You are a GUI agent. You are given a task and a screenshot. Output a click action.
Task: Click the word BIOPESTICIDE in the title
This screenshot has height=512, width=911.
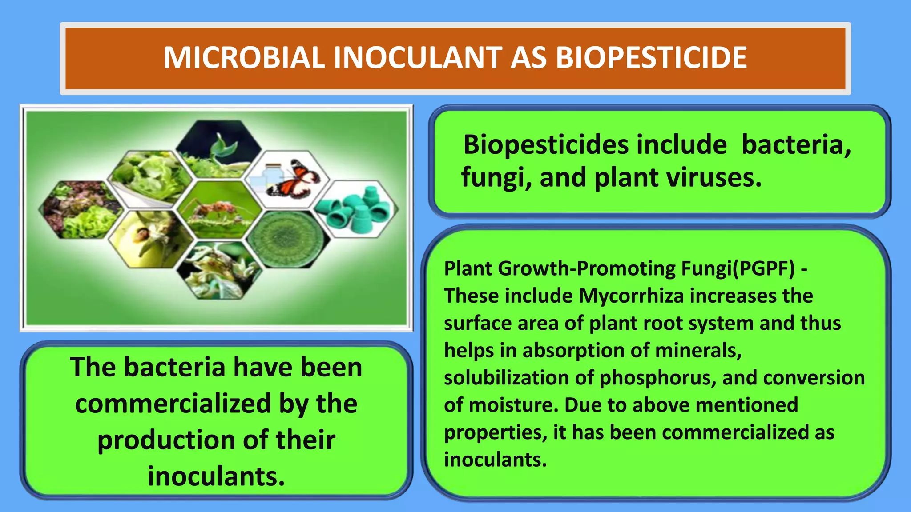(651, 58)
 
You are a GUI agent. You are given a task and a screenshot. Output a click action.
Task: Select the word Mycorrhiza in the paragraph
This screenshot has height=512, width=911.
(631, 296)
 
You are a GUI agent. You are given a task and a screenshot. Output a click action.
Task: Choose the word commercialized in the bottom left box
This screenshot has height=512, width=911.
(173, 404)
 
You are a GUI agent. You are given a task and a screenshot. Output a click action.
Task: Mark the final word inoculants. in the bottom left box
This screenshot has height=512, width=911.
(216, 476)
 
